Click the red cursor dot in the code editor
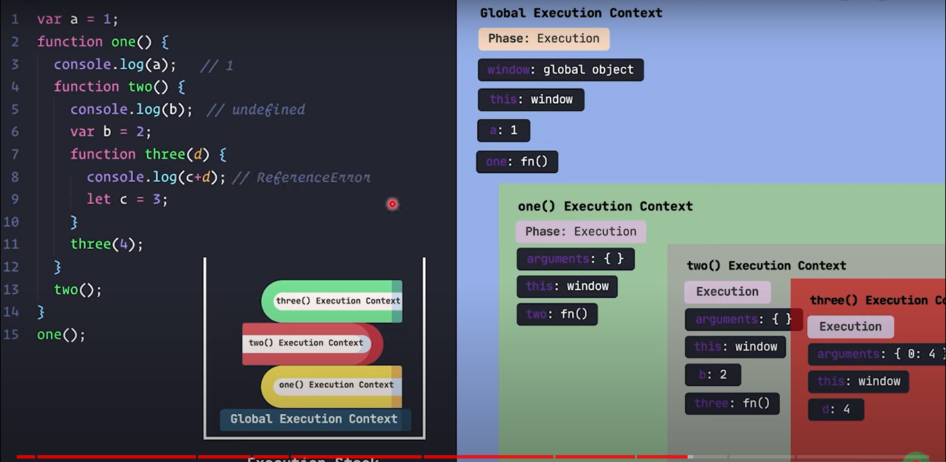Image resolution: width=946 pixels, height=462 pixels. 393,204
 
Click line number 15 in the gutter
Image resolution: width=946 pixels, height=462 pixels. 11,335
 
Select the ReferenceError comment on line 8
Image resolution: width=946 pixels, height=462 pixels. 313,177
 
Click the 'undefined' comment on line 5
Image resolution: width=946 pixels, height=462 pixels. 268,109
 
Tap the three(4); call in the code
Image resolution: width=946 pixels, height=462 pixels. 107,244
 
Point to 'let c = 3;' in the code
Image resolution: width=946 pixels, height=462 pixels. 127,199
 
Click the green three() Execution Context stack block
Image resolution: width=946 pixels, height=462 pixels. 332,301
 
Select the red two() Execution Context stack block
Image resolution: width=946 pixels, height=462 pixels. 312,344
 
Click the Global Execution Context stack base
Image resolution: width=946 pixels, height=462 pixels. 314,419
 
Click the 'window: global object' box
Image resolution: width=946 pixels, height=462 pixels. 560,70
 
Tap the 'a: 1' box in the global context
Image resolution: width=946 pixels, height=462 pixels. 503,130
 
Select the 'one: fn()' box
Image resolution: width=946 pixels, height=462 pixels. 517,162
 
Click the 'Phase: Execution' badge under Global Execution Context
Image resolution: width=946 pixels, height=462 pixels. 544,39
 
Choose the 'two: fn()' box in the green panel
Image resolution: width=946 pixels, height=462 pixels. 557,314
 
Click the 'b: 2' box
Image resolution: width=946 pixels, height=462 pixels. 713,375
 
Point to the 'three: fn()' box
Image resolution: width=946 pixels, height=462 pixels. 732,404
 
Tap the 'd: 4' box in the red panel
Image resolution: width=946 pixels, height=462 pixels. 836,409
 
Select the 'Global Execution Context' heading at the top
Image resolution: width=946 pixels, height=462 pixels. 571,12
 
